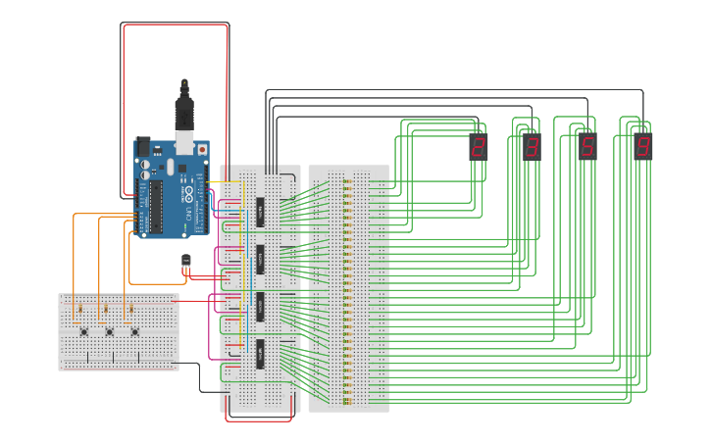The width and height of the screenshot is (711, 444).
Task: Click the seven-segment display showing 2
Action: [x=479, y=147]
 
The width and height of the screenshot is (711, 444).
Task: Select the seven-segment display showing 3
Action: [x=532, y=147]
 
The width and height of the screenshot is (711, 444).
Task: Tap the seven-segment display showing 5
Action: [x=587, y=147]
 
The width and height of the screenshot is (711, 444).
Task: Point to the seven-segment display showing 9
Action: [x=642, y=147]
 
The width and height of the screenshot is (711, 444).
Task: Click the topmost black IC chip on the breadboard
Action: [x=261, y=210]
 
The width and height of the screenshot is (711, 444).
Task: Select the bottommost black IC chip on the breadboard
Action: [x=261, y=353]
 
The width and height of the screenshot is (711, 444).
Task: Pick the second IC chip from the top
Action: [x=261, y=259]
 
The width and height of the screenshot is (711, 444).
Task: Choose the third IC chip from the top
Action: [x=261, y=306]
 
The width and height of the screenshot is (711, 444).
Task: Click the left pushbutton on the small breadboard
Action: [x=84, y=331]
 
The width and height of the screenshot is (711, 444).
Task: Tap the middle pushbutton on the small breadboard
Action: [x=109, y=331]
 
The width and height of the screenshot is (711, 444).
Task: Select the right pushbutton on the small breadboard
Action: [x=134, y=331]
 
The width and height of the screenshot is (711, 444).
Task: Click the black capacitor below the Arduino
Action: [x=186, y=263]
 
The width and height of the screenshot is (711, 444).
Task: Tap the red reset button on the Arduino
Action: [x=202, y=149]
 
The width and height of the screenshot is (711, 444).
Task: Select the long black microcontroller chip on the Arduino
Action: [x=153, y=205]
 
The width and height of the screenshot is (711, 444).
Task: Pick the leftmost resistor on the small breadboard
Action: [x=78, y=311]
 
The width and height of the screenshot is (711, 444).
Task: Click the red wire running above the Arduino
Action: [x=177, y=25]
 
